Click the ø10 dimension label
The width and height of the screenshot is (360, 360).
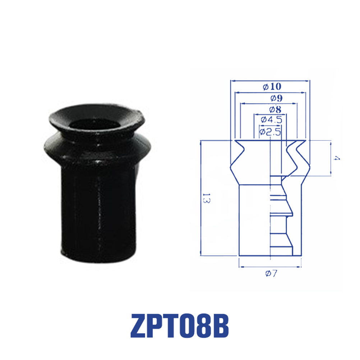(272, 87)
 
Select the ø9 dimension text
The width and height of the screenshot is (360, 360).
(276, 98)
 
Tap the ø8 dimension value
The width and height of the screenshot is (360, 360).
(275, 109)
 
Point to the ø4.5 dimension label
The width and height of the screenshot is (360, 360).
(271, 120)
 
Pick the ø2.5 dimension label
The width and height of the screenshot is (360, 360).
(270, 132)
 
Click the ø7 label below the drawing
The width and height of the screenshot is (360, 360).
(271, 273)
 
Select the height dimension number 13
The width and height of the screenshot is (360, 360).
(206, 198)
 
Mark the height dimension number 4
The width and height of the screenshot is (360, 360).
(337, 158)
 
